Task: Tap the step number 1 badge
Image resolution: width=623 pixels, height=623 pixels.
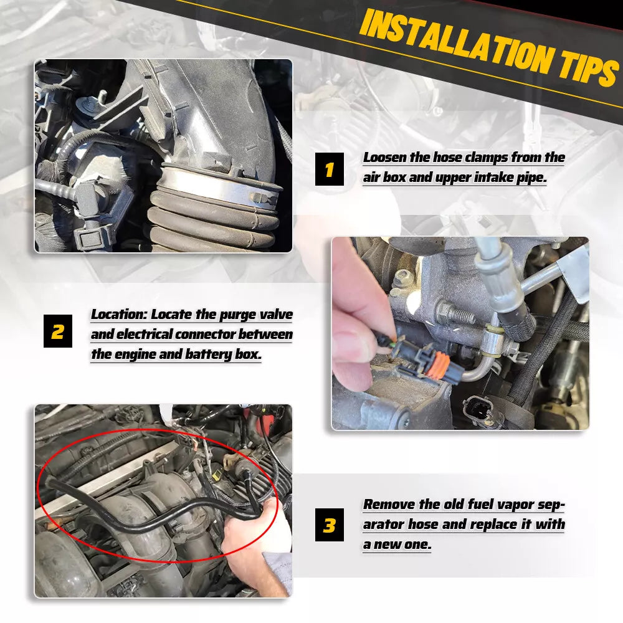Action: (x=330, y=169)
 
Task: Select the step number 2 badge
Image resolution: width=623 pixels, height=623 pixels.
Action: (x=57, y=331)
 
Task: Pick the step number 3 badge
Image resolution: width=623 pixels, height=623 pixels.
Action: (x=330, y=525)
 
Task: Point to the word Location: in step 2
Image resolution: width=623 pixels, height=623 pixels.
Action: (x=119, y=315)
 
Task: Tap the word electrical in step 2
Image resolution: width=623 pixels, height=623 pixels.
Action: (x=143, y=335)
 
